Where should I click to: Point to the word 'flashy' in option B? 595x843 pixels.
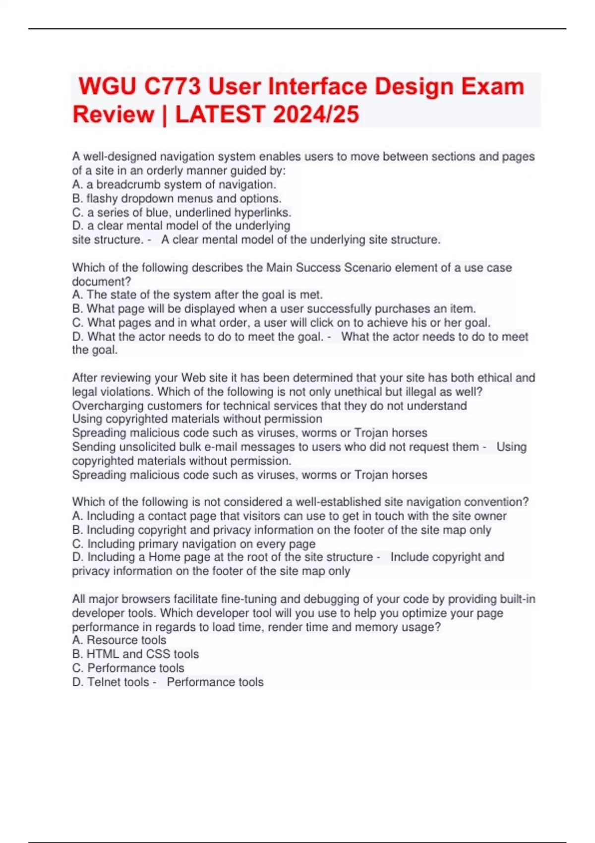pyautogui.click(x=102, y=198)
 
